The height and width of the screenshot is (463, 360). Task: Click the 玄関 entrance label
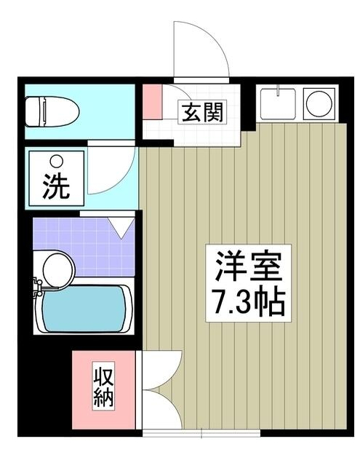pos(199,113)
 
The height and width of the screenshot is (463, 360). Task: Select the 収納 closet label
pos(103,389)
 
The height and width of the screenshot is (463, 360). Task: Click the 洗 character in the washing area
pos(55,188)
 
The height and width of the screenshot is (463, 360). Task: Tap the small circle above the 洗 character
pos(55,161)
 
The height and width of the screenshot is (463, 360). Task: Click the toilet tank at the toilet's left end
pos(33,111)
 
